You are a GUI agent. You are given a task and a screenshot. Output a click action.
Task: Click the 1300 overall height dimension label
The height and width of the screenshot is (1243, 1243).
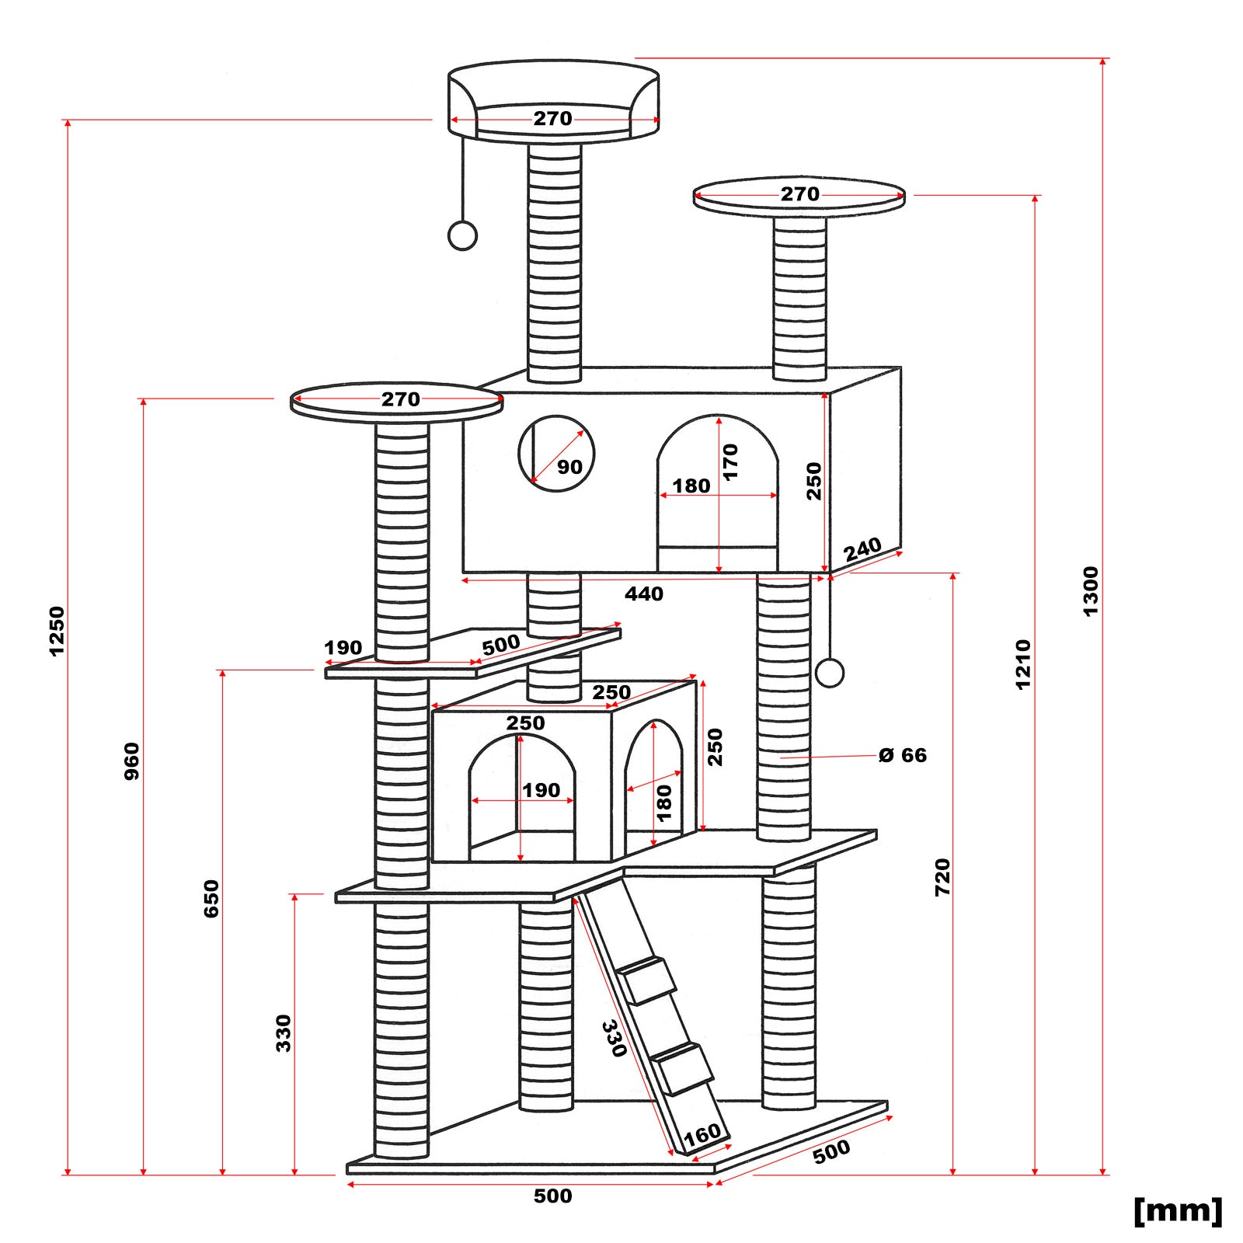[x=1091, y=591]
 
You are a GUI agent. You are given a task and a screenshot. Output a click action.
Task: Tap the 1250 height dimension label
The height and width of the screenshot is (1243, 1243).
[x=57, y=631]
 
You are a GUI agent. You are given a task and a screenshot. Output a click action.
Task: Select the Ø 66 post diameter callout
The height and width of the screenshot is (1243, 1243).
[x=903, y=755]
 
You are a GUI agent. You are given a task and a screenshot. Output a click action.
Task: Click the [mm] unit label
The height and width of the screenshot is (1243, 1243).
[x=1178, y=1210]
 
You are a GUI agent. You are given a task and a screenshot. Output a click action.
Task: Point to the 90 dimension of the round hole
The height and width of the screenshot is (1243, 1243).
[x=569, y=467]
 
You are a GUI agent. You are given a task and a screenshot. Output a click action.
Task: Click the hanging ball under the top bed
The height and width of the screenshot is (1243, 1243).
[x=463, y=236]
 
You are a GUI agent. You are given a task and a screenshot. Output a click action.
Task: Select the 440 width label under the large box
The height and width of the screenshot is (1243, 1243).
[x=644, y=594]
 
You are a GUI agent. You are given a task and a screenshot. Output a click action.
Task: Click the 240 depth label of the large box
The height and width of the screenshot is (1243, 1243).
[x=862, y=550]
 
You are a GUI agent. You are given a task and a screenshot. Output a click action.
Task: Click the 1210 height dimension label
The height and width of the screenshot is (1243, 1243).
[x=1023, y=663]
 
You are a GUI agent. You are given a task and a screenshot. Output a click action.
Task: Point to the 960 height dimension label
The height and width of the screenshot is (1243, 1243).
[x=132, y=761]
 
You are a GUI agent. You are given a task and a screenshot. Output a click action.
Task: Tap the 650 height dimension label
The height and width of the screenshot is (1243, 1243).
[x=211, y=898]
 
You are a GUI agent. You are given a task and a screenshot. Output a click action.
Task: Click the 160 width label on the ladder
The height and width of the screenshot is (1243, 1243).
[x=702, y=1135]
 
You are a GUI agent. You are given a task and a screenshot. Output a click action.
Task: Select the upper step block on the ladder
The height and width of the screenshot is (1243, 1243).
[x=650, y=980]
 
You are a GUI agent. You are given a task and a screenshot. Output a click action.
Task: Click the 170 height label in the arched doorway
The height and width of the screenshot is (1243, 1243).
[x=730, y=461]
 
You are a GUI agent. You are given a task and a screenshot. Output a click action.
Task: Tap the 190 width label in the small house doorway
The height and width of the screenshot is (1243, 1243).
[x=541, y=790]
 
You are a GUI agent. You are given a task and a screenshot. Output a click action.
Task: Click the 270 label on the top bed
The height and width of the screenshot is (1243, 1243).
[x=552, y=118]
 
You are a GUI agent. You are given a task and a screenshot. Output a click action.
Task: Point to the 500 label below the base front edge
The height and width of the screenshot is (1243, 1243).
[x=552, y=1196]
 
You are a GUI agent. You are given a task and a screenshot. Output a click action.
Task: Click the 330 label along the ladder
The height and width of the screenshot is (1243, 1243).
[x=614, y=1038]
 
